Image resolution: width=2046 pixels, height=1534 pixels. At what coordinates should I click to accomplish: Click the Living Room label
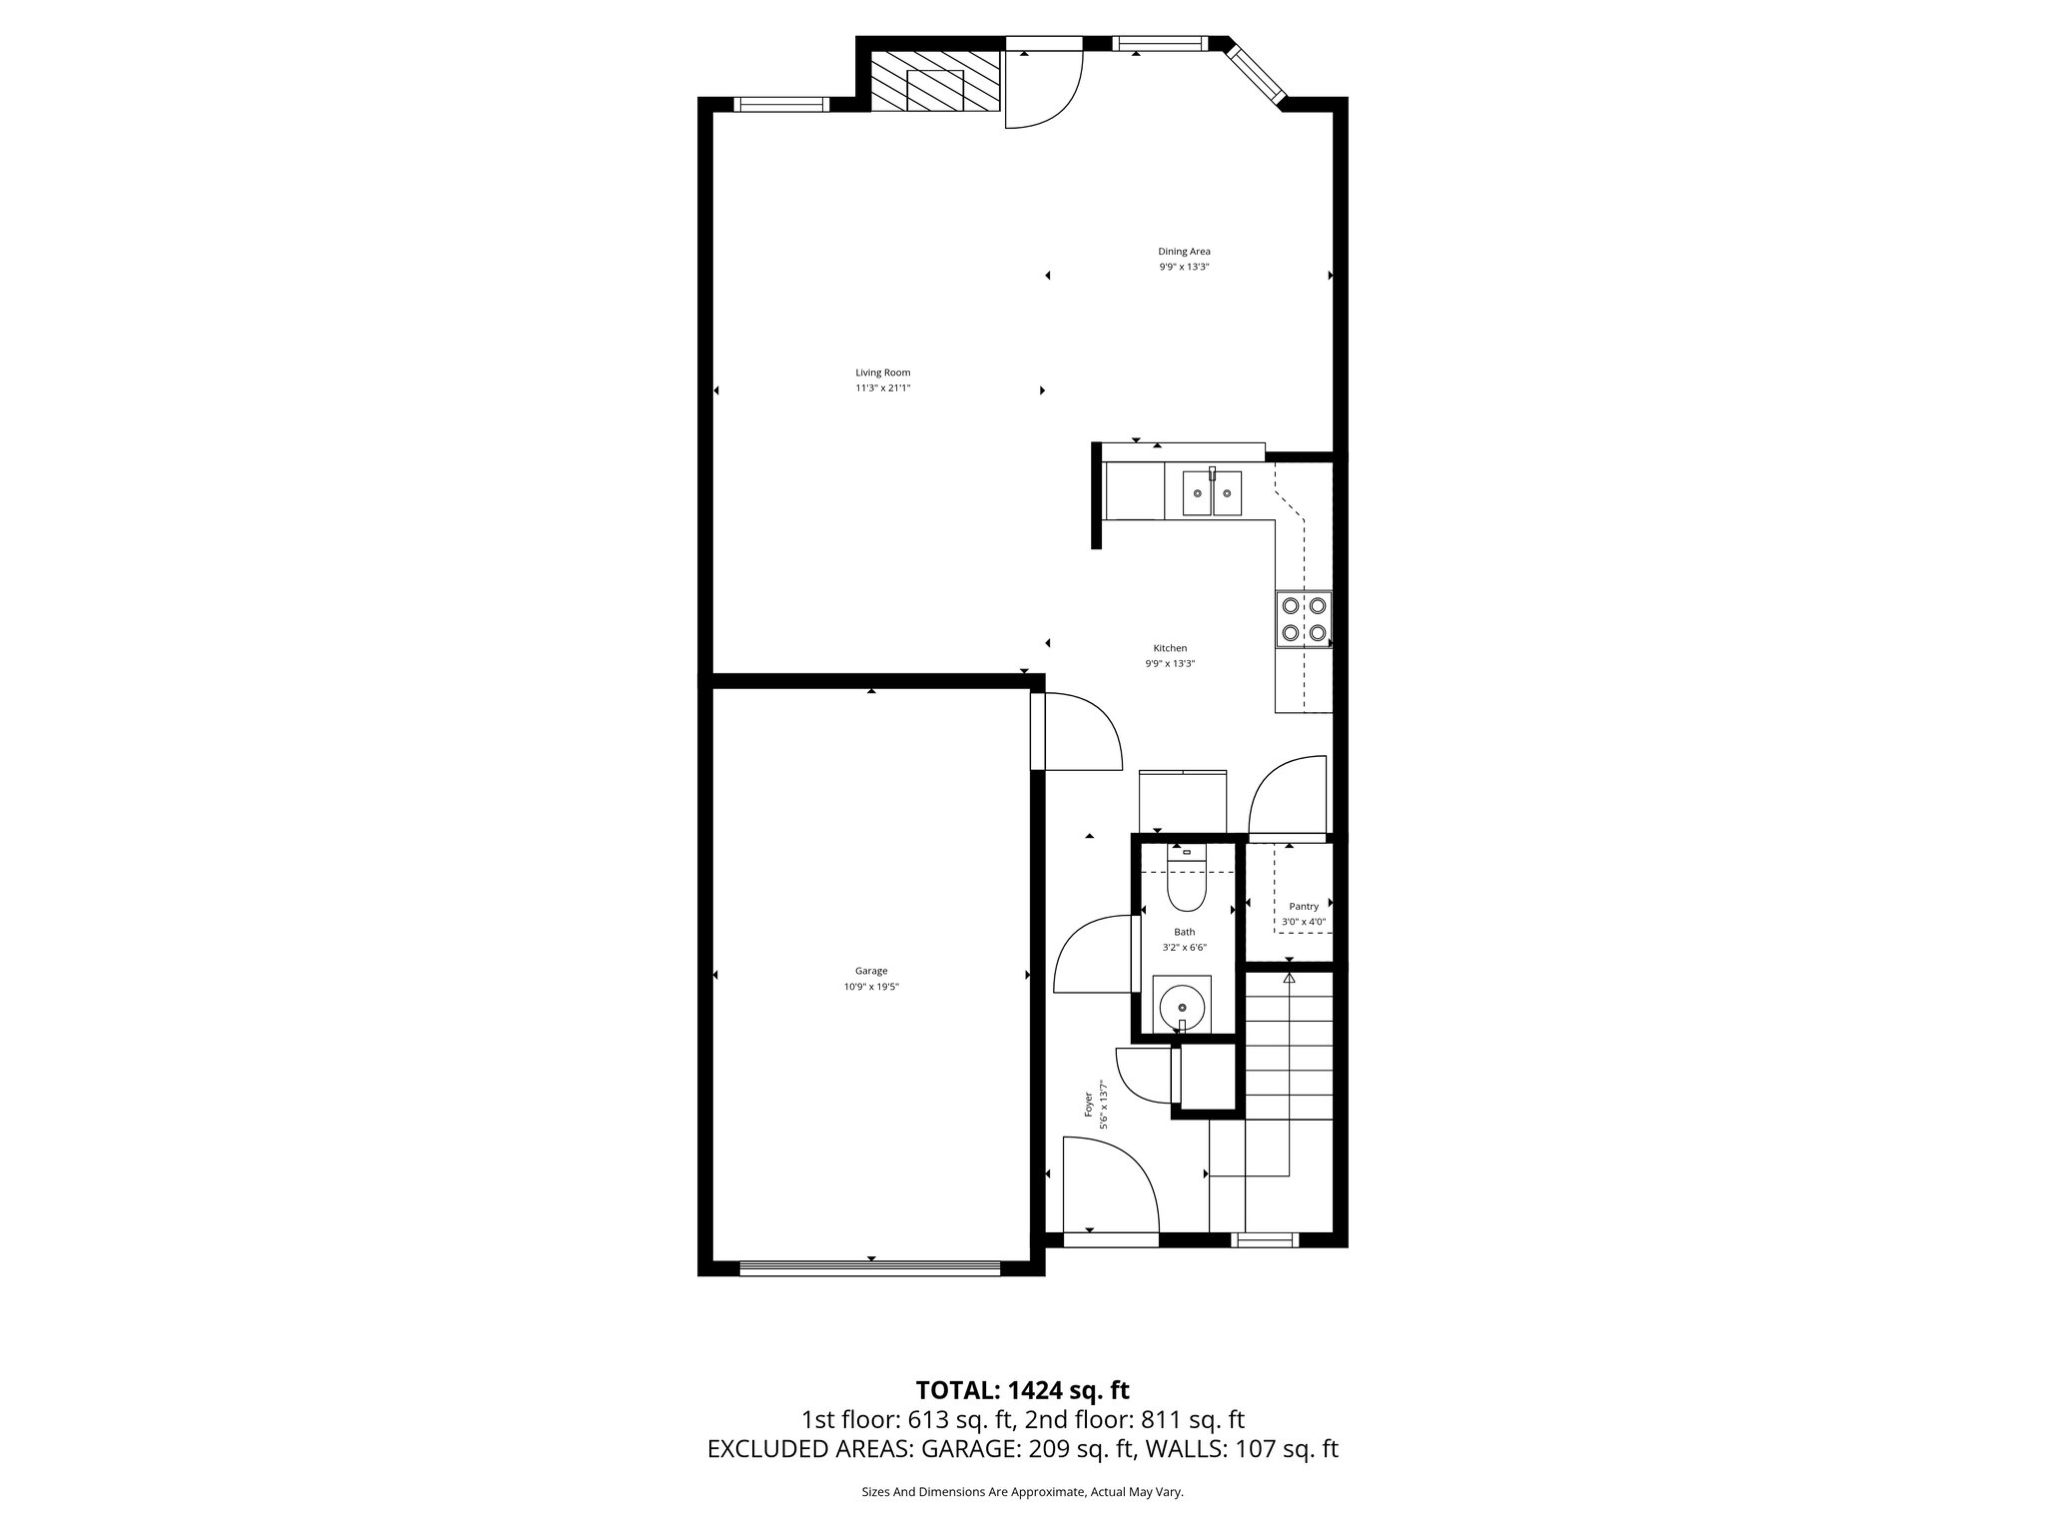tap(882, 373)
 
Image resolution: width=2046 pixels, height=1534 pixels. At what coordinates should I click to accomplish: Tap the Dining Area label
tap(1184, 252)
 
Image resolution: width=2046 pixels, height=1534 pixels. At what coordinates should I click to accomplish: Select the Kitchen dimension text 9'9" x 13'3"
tap(1170, 663)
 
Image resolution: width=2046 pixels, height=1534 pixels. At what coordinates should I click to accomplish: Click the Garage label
tap(871, 971)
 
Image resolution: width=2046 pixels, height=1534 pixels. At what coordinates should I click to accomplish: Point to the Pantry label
tap(1304, 907)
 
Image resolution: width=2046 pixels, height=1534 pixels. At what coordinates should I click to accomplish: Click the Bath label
tap(1184, 932)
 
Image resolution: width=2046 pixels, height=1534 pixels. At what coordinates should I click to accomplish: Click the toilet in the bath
tap(1187, 884)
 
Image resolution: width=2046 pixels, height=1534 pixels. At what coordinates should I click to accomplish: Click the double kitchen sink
tap(1212, 493)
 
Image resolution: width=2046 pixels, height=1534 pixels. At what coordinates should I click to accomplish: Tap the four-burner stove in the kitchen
tap(1304, 619)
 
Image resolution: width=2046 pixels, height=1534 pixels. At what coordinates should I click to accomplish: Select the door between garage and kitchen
tap(1079, 734)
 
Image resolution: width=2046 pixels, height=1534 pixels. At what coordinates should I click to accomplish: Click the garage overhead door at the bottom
tap(869, 1268)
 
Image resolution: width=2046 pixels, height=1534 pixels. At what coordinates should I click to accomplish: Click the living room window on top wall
tap(780, 105)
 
